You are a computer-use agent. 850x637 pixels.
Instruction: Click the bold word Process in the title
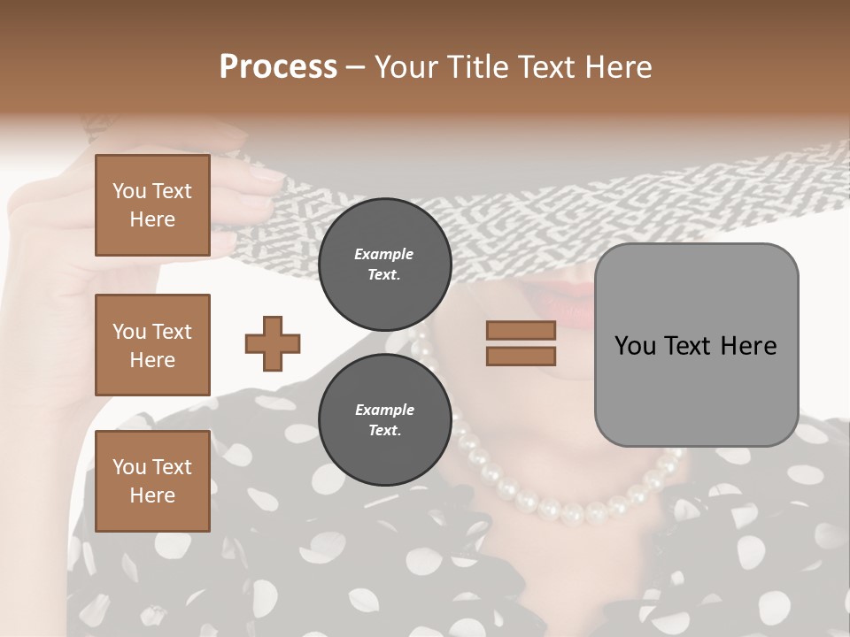pyautogui.click(x=278, y=67)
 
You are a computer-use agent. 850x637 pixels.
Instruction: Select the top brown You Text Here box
pyautogui.click(x=152, y=205)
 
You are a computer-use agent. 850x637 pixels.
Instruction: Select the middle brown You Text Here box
pyautogui.click(x=152, y=345)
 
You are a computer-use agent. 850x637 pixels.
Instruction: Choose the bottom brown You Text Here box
pyautogui.click(x=152, y=481)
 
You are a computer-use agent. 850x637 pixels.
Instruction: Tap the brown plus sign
pyautogui.click(x=273, y=343)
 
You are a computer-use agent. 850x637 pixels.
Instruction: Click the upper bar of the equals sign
pyautogui.click(x=521, y=330)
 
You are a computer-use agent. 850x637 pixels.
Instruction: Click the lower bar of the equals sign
pyautogui.click(x=521, y=356)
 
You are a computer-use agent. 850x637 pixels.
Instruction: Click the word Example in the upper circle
pyautogui.click(x=384, y=254)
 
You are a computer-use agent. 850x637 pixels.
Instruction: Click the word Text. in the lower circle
pyautogui.click(x=384, y=431)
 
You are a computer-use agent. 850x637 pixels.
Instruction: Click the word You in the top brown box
pyautogui.click(x=129, y=191)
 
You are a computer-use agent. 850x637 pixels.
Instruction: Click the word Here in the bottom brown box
pyautogui.click(x=152, y=495)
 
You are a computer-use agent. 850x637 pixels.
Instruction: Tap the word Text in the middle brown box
pyautogui.click(x=171, y=332)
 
